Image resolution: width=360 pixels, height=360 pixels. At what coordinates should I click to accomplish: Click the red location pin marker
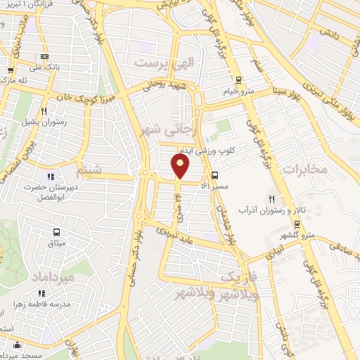(x=181, y=167)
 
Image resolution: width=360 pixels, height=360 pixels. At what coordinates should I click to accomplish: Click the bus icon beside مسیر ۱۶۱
(x=214, y=176)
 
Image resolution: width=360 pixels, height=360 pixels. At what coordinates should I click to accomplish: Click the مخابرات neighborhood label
(x=304, y=169)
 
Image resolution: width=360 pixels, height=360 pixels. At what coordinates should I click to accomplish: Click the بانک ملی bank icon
(x=44, y=57)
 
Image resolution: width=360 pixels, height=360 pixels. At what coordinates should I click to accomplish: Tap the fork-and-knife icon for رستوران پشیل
(x=44, y=110)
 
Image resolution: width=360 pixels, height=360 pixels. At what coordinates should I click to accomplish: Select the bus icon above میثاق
(x=56, y=231)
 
